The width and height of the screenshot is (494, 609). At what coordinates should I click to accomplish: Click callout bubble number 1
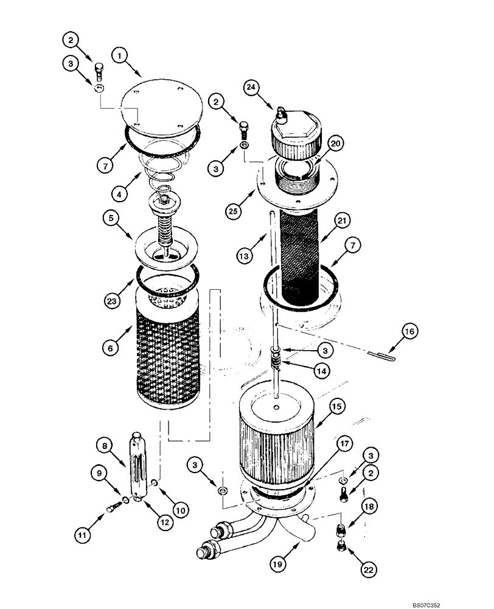(x=120, y=55)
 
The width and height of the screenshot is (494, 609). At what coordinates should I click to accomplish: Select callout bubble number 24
(x=251, y=87)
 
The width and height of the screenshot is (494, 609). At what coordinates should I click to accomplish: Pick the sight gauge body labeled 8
(x=137, y=466)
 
